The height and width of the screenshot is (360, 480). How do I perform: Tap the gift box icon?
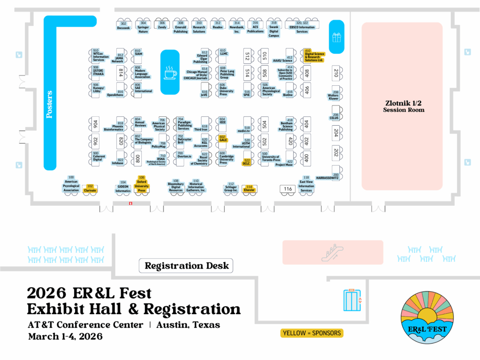337,37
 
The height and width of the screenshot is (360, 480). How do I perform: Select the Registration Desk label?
187,266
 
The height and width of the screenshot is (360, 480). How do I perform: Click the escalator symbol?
333,253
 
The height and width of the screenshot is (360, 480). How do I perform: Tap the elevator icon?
352,300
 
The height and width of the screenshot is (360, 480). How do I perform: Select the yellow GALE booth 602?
223,139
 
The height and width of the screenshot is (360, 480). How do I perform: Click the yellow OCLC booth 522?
247,163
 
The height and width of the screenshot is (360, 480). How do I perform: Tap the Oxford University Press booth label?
142,184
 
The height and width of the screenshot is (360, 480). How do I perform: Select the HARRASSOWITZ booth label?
327,178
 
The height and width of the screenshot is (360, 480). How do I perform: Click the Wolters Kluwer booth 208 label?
333,95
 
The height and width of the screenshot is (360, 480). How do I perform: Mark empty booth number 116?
288,189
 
